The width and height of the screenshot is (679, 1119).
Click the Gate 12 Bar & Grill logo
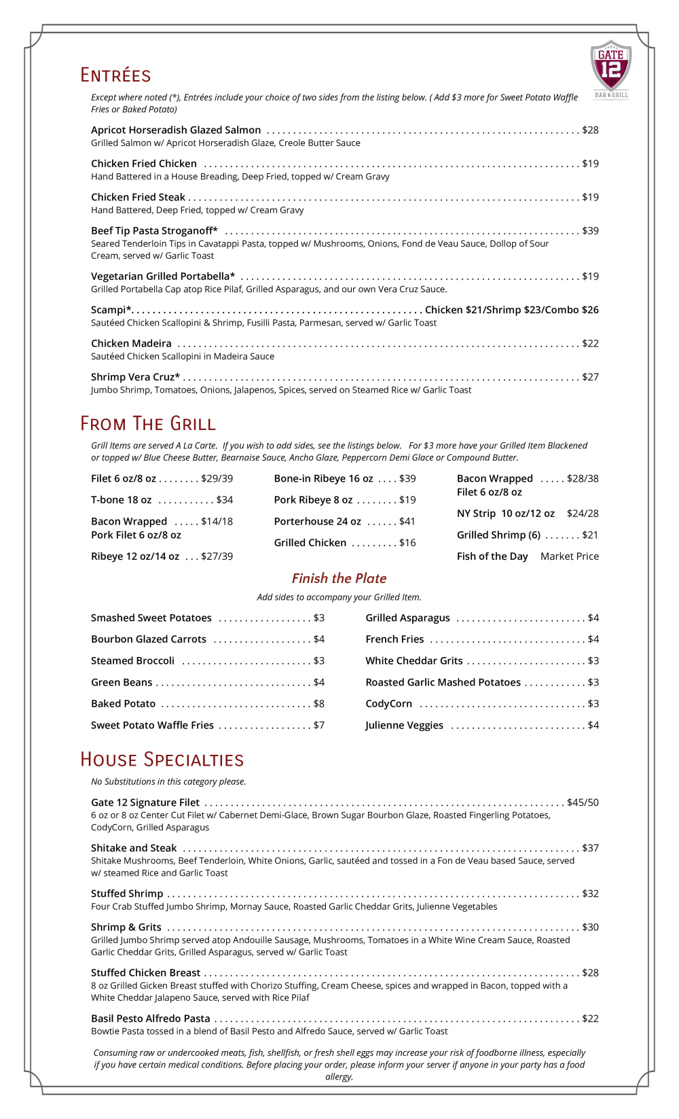click(x=610, y=69)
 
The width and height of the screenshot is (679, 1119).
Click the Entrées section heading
click(x=115, y=75)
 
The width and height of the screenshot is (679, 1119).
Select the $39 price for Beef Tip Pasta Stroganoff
click(x=590, y=231)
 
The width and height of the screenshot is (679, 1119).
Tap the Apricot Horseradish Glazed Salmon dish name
click(x=176, y=130)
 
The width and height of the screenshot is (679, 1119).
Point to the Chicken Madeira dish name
click(x=131, y=344)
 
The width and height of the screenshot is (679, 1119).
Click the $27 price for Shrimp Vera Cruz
click(x=590, y=377)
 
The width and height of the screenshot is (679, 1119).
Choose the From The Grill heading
click(x=147, y=424)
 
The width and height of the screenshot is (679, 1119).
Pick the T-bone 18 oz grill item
click(x=121, y=500)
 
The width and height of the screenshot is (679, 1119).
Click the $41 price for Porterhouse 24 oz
click(x=407, y=522)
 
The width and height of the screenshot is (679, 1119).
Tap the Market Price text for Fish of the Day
click(x=569, y=556)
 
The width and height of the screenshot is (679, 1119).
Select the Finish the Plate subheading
click(x=339, y=578)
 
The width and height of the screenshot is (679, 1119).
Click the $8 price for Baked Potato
click(x=318, y=704)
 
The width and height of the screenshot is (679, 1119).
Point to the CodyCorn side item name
click(x=388, y=704)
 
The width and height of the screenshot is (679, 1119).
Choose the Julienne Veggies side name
click(x=404, y=726)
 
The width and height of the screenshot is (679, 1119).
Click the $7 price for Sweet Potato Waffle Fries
click(x=318, y=726)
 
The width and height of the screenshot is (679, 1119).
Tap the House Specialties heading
click(x=162, y=760)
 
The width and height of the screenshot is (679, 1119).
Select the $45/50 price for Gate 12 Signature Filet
click(x=583, y=802)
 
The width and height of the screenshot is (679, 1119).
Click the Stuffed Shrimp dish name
click(x=127, y=893)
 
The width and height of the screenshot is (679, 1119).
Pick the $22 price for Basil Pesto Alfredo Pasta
click(x=590, y=1018)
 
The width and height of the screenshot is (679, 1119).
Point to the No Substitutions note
click(x=168, y=782)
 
